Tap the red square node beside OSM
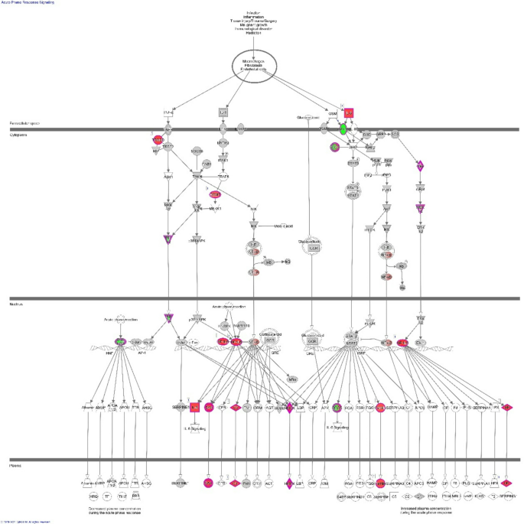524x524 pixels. point(349,113)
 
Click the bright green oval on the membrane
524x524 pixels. point(343,130)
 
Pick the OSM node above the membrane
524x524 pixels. point(333,113)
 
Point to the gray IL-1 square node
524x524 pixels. point(223,113)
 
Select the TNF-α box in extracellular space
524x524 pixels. point(168,113)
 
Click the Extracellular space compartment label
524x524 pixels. point(24,123)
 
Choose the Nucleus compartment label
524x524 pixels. point(16,304)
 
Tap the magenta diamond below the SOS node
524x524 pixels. point(419,166)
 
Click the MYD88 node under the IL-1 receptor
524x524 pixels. point(223,143)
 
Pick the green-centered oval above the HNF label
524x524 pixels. point(120,340)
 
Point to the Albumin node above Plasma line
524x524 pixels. point(88,408)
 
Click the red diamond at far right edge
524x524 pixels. point(506,408)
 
